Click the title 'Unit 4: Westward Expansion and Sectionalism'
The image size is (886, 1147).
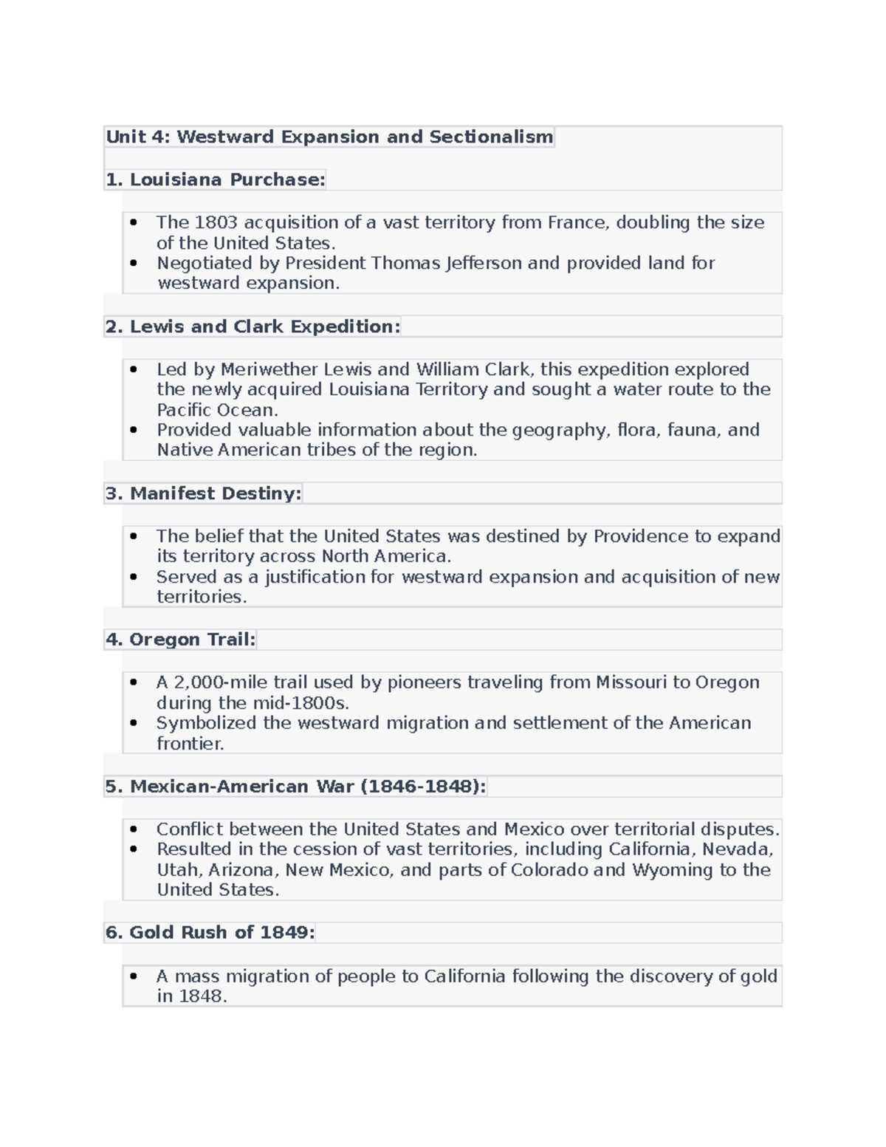tap(329, 137)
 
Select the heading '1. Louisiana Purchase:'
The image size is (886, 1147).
tap(215, 179)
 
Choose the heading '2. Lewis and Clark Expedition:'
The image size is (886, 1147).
tap(253, 326)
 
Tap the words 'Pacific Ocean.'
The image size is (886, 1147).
tap(217, 410)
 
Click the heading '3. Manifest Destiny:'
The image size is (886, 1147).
tap(203, 493)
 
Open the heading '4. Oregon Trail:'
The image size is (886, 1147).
tap(180, 640)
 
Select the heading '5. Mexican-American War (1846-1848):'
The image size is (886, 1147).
tap(295, 787)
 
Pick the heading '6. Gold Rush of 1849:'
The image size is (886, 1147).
tap(210, 933)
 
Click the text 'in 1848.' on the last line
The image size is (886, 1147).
tap(191, 996)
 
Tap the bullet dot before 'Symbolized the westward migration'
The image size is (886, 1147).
tap(134, 724)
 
